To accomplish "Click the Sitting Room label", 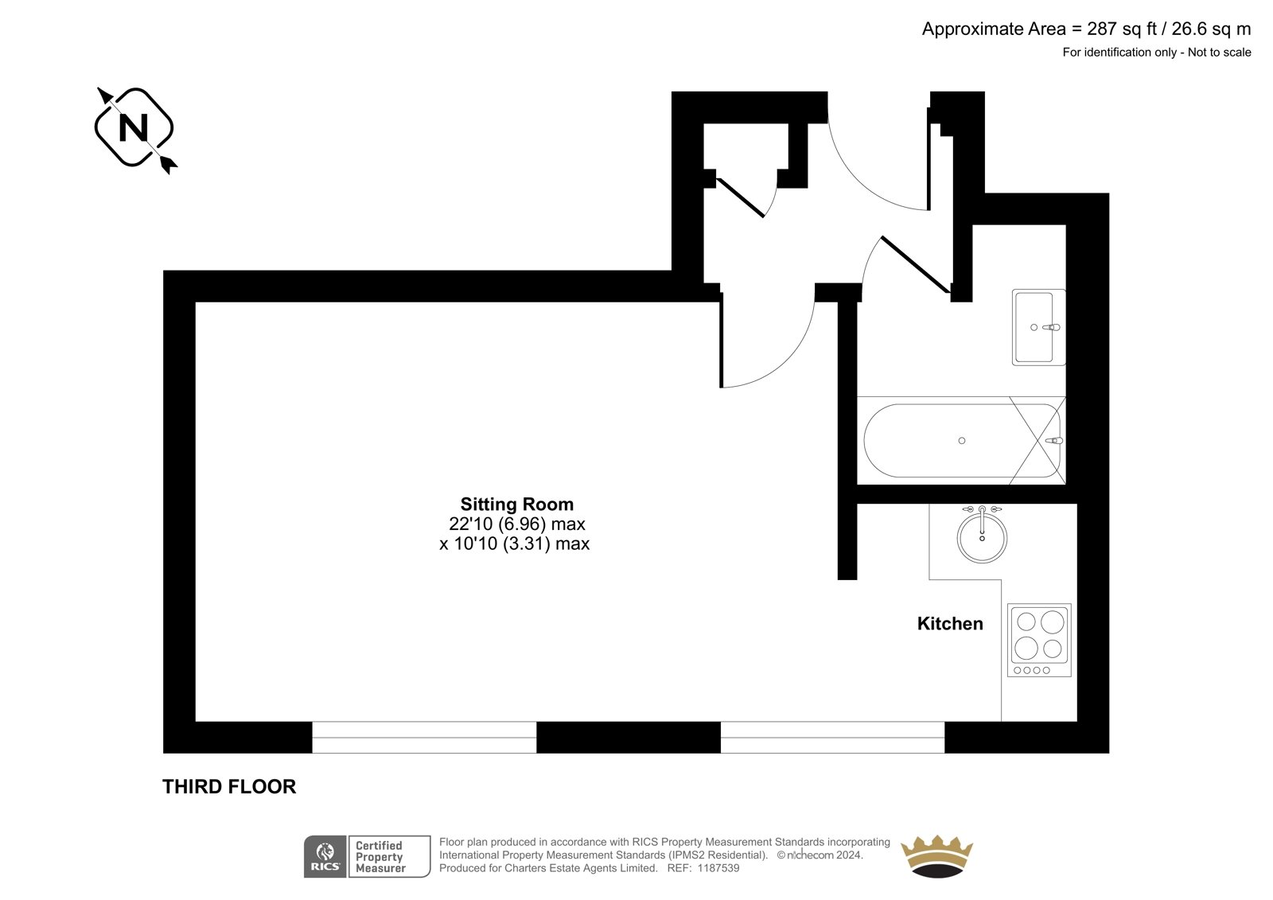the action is click(516, 505).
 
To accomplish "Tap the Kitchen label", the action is click(950, 624).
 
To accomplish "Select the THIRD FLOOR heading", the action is click(229, 787).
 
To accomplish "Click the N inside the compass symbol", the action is click(134, 128).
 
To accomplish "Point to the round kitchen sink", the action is click(982, 537).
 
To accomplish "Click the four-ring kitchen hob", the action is click(1039, 640).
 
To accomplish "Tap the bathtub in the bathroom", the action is click(962, 441).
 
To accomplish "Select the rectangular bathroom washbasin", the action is click(1038, 328).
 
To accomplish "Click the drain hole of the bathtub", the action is click(962, 441).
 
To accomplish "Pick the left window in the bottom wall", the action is click(424, 738).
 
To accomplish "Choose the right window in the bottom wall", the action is click(832, 738).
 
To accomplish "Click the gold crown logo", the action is click(936, 856).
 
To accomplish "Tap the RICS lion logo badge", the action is click(325, 857).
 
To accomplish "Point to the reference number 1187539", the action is click(718, 868).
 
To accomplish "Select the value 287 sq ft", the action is click(1122, 29).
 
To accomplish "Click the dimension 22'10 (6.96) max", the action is click(516, 524).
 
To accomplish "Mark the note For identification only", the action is click(1119, 53).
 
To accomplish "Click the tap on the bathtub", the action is click(1054, 441).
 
